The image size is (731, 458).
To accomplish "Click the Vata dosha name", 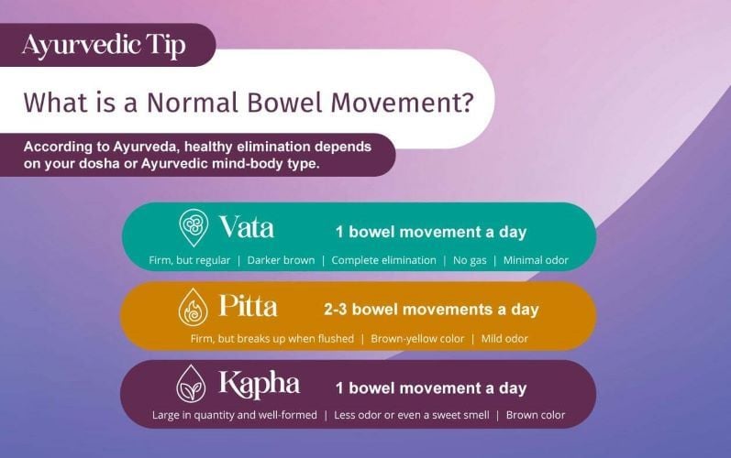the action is (x=247, y=226).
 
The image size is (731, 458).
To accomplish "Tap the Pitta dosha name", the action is (x=248, y=306).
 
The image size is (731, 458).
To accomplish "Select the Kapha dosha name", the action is (x=260, y=385).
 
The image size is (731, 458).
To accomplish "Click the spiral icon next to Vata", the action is (x=194, y=227).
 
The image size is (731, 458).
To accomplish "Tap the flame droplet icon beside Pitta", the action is (x=193, y=307).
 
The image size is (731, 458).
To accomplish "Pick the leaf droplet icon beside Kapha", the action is (x=191, y=384).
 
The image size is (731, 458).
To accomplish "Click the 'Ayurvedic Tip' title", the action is (x=104, y=46).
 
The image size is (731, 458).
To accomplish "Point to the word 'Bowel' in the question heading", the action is (x=284, y=102).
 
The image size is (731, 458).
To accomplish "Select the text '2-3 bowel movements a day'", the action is (x=431, y=310).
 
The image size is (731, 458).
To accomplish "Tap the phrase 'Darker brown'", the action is (x=281, y=260).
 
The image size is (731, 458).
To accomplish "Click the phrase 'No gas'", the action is (x=470, y=260).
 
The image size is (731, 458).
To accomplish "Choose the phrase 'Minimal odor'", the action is (x=536, y=260).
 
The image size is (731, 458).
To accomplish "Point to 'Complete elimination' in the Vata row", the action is (x=383, y=260).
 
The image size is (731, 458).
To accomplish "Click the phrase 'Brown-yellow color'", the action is (x=417, y=339).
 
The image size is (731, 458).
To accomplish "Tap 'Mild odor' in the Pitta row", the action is (x=504, y=339).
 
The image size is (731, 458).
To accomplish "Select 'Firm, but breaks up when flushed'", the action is (x=272, y=339).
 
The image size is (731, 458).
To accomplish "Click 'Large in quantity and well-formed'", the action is (x=235, y=415).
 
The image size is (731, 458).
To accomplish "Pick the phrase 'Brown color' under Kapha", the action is (x=536, y=415).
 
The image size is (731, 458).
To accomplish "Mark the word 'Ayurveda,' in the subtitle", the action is (x=147, y=147).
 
